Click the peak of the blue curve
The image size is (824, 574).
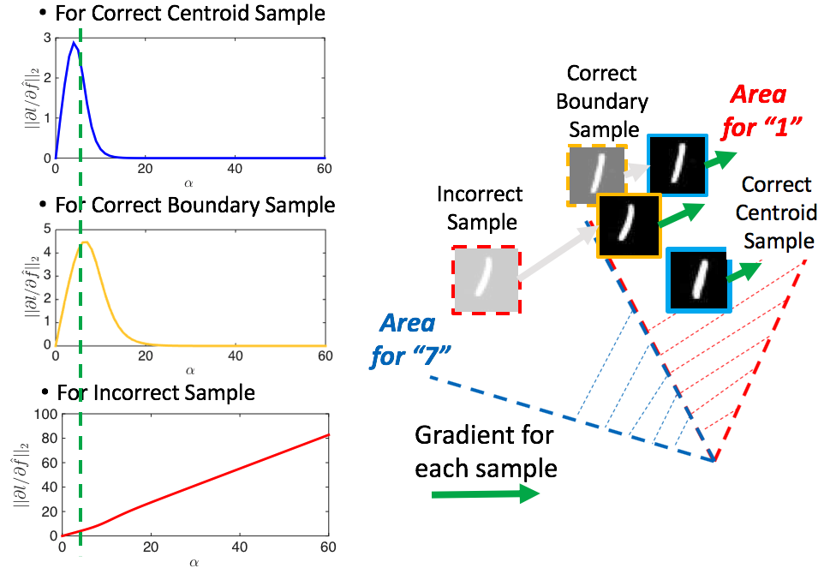74,42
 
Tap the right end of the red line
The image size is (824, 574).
325,435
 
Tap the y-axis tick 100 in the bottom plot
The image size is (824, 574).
43,416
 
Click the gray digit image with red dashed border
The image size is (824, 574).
486,278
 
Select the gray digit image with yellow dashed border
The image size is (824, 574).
595,175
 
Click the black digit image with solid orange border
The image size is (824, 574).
629,225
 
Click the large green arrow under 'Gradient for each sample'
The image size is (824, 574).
484,494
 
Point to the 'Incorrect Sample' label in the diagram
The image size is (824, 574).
477,209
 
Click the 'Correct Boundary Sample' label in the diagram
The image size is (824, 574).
602,101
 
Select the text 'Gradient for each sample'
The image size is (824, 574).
485,451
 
